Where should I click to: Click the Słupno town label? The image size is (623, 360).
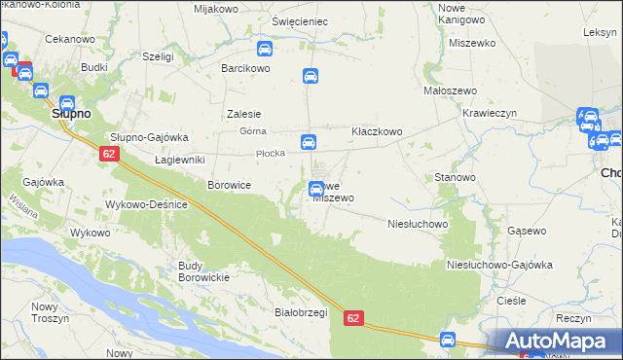tap(70, 114)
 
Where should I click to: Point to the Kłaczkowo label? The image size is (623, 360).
tap(377, 131)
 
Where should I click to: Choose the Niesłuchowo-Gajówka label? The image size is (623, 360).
tap(498, 265)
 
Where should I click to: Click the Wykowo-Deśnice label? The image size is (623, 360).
tap(152, 205)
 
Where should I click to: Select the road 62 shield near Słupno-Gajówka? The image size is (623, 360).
tap(109, 154)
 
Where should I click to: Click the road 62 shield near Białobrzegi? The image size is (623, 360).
tap(353, 318)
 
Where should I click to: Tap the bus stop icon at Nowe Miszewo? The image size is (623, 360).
tap(316, 190)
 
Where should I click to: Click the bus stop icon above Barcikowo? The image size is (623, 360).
tap(264, 50)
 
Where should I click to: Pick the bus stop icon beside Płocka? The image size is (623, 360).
tap(308, 142)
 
